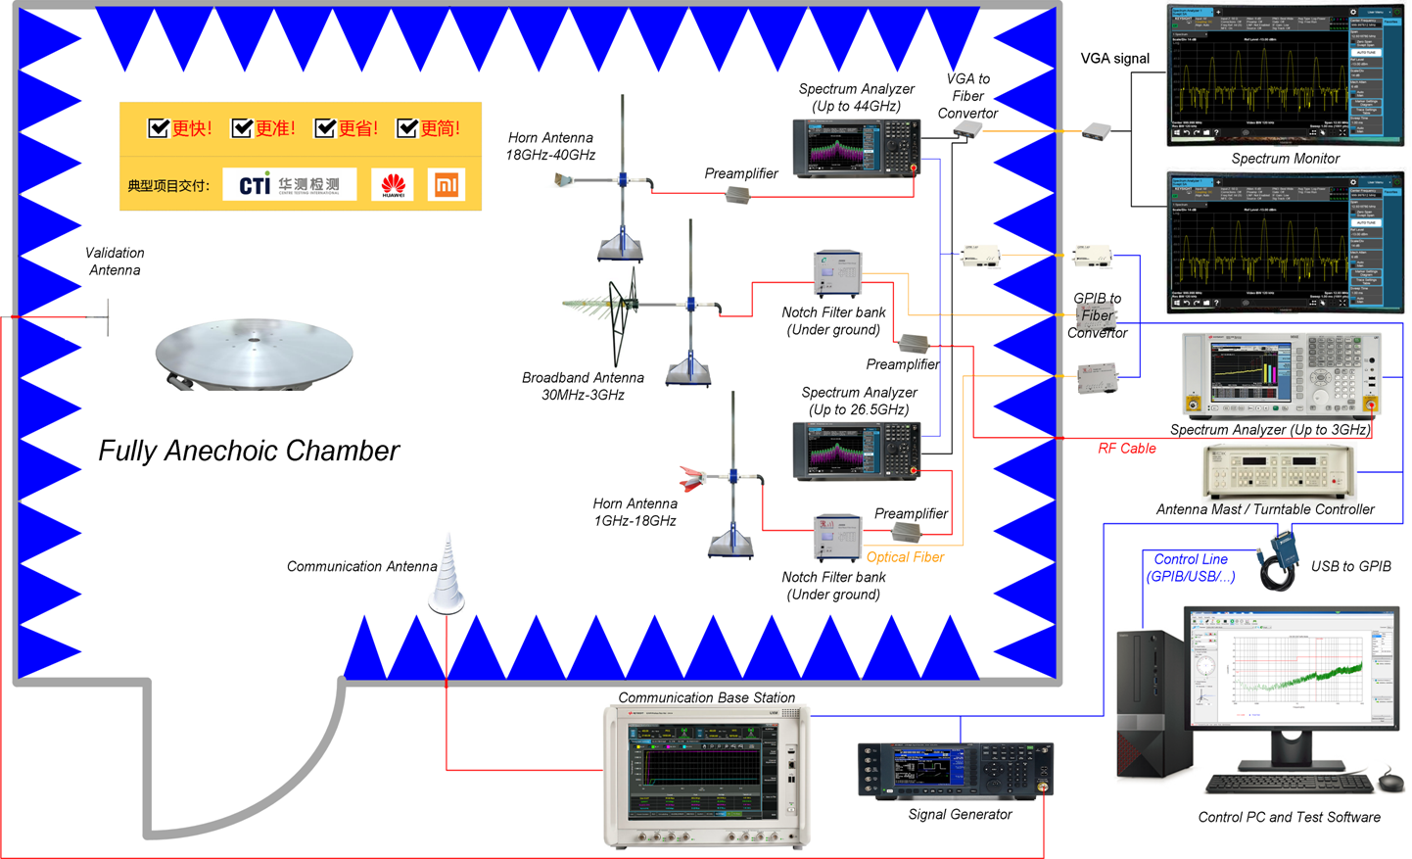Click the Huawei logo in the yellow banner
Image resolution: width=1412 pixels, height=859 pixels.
click(393, 185)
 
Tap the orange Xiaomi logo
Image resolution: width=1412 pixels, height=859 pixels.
click(447, 185)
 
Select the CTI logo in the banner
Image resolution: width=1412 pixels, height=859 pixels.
click(290, 184)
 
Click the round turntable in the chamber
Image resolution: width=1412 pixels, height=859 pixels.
click(254, 352)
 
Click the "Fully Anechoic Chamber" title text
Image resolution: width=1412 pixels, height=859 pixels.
click(249, 451)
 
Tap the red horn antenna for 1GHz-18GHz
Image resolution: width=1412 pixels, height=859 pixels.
click(693, 479)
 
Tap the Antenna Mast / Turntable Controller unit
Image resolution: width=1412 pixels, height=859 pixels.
click(1279, 470)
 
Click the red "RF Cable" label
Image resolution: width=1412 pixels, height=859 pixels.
click(1126, 449)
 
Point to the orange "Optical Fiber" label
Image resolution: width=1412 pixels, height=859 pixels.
click(905, 557)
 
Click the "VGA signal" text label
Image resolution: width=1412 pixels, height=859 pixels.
click(1114, 59)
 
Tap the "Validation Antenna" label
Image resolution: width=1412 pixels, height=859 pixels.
click(115, 262)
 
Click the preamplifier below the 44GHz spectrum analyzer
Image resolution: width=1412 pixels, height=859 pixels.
click(738, 196)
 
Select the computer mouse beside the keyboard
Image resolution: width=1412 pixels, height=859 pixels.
click(1389, 782)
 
